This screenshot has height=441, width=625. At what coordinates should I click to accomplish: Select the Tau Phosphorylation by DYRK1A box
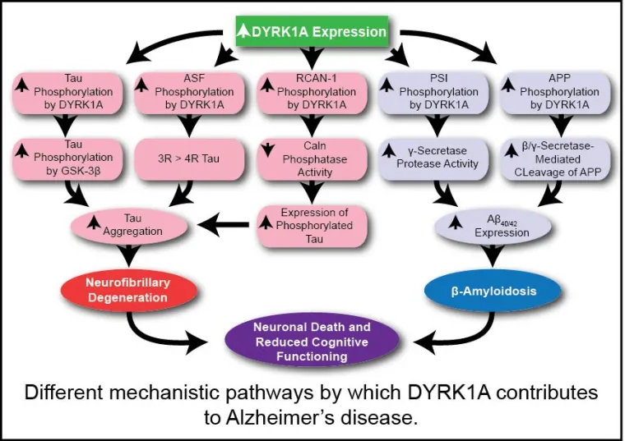tap(67, 92)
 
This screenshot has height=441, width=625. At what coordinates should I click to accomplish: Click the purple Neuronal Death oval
tap(311, 341)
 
